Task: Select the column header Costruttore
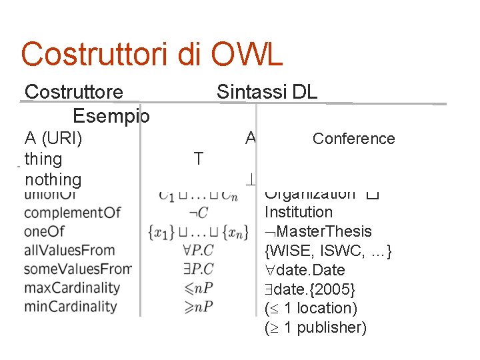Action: (73, 92)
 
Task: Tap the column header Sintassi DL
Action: (267, 92)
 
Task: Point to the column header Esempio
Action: (111, 116)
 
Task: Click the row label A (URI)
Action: (53, 138)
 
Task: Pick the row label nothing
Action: (53, 179)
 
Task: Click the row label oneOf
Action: (45, 231)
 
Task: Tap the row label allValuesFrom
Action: (69, 251)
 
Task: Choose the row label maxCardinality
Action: (71, 288)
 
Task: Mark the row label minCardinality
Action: (70, 307)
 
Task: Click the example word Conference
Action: (353, 139)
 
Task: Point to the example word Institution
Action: (298, 212)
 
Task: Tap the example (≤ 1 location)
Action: (311, 308)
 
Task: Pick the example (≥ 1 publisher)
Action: (315, 328)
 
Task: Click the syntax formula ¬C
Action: (198, 213)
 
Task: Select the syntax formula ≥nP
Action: (199, 307)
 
